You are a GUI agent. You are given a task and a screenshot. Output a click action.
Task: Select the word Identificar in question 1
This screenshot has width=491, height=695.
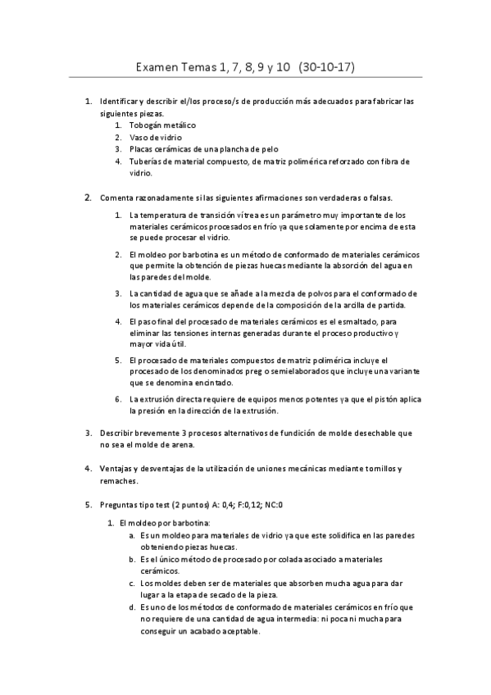(120, 102)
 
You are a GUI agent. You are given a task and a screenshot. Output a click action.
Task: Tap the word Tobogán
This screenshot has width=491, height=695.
(144, 125)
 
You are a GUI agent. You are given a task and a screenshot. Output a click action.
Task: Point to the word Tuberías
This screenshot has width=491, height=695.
(146, 161)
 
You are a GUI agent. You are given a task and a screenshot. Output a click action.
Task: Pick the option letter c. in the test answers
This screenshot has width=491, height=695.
(133, 583)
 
